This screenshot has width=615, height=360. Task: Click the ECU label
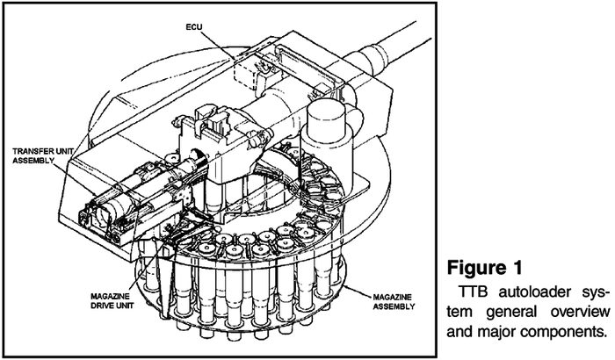(194, 27)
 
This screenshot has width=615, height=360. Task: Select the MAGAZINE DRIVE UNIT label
(112, 301)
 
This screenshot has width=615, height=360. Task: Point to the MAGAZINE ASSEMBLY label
(394, 301)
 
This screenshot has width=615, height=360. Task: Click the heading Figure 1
(485, 268)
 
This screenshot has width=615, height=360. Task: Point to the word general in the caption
(511, 312)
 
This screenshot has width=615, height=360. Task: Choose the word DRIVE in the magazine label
(101, 306)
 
